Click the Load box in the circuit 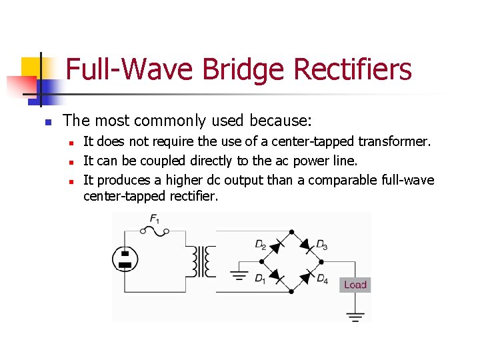[x=355, y=285]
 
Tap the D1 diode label [x=260, y=279]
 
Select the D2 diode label [x=261, y=245]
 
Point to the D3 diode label [x=321, y=245]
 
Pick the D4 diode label [x=322, y=279]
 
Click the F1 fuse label [x=154, y=218]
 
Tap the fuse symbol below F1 [x=154, y=231]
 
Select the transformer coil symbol [x=201, y=261]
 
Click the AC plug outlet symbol [x=125, y=259]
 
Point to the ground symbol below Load [x=357, y=315]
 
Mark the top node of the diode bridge [x=291, y=231]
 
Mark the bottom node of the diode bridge [x=291, y=291]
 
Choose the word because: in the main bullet [x=280, y=121]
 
